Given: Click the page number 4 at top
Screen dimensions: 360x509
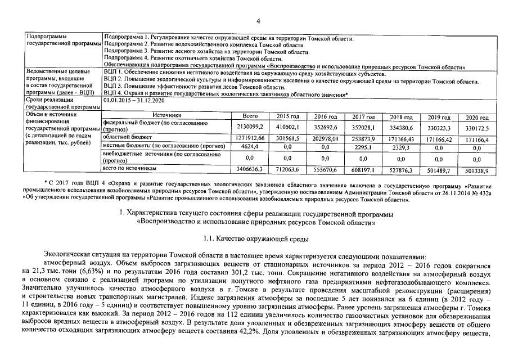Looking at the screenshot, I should [x=258, y=21].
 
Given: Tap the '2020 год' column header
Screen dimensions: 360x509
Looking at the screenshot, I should [x=477, y=116].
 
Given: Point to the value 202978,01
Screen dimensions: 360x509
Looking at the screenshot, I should [x=325, y=137].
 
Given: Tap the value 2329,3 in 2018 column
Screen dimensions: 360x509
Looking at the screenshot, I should [x=401, y=147].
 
